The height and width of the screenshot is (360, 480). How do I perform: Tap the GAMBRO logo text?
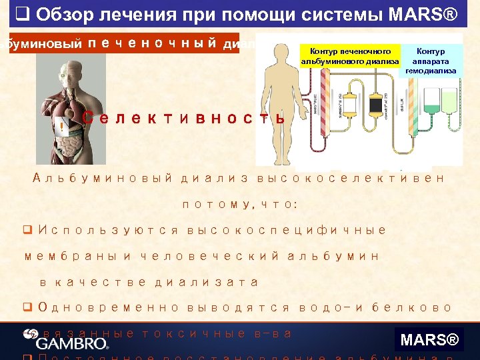(x=72, y=344)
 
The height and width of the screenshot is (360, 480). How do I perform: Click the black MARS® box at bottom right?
(x=429, y=341)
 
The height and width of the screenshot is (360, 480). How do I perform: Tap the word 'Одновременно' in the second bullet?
(x=109, y=307)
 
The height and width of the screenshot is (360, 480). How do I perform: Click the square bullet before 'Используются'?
(x=29, y=230)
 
